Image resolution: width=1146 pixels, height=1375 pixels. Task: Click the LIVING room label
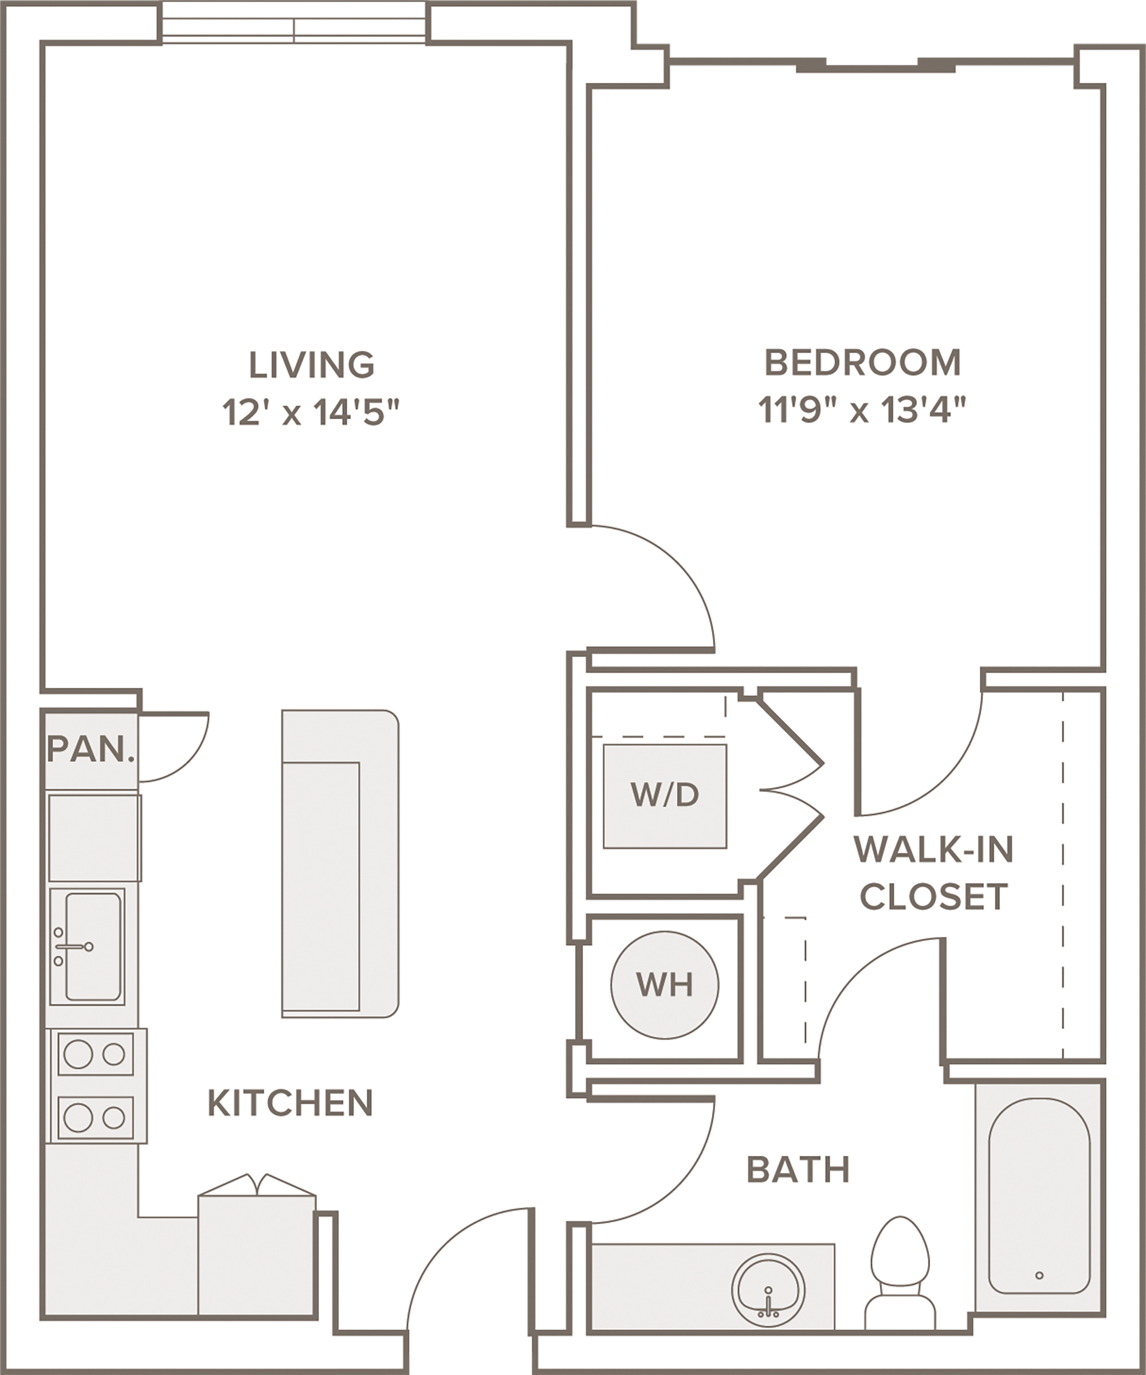point(312,365)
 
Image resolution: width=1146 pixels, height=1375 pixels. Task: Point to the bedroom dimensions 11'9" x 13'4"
point(862,410)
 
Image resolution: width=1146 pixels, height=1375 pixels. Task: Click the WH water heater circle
point(664,984)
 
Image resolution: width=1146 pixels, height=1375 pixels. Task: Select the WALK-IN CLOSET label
point(934,873)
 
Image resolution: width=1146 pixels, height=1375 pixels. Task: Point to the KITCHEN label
point(291,1103)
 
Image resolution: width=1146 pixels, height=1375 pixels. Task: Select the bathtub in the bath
point(1039,1204)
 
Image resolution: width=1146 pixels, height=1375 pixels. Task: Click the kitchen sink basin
point(93,946)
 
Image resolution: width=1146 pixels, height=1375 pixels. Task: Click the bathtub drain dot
point(1039,1275)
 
